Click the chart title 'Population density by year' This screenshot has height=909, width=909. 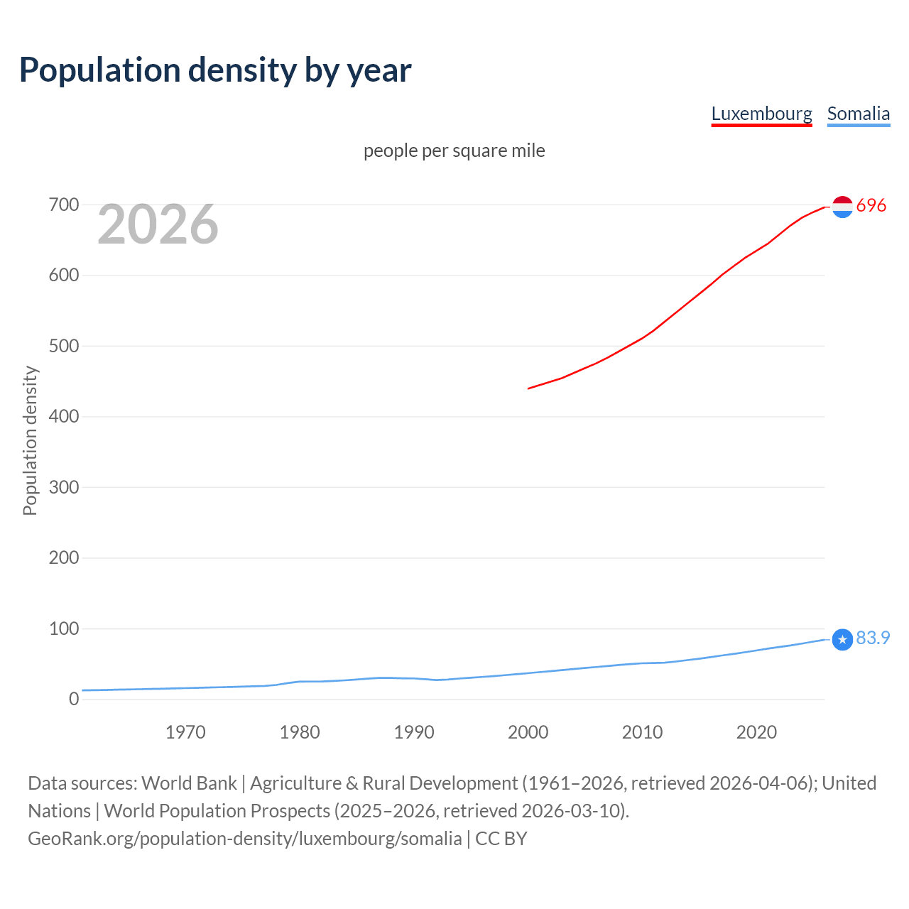click(215, 70)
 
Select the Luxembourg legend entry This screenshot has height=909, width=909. click(761, 114)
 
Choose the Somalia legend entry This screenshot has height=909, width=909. click(858, 114)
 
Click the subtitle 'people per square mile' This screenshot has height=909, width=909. click(454, 151)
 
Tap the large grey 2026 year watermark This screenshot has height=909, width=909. click(158, 224)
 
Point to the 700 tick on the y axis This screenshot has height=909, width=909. click(63, 205)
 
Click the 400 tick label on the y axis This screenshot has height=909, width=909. click(63, 416)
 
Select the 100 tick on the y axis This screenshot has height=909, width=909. click(63, 628)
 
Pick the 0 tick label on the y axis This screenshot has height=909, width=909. click(74, 699)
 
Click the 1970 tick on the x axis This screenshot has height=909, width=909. click(185, 732)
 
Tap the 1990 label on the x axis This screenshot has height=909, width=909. click(414, 732)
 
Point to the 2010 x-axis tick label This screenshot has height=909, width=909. click(642, 732)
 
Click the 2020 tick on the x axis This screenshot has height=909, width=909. click(756, 732)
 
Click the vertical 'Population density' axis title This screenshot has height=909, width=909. click(30, 440)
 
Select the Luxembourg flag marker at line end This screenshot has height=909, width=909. click(842, 206)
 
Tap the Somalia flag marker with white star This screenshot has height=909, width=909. click(842, 639)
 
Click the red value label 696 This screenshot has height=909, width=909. click(871, 205)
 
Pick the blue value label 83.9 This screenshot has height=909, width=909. click(873, 638)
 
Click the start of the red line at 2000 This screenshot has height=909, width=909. click(529, 388)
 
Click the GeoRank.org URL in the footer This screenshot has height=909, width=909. click(245, 838)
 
